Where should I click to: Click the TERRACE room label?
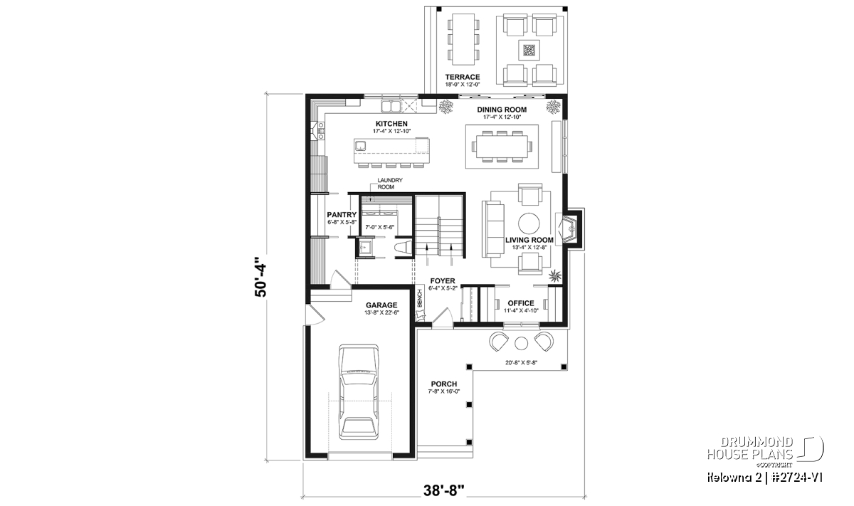pyautogui.click(x=463, y=77)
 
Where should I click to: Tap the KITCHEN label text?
pyautogui.click(x=391, y=124)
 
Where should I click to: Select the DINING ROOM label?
pyautogui.click(x=502, y=110)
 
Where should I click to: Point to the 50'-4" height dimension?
pyautogui.click(x=260, y=277)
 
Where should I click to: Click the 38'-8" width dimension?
pyautogui.click(x=444, y=491)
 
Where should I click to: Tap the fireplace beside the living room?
pyautogui.click(x=570, y=228)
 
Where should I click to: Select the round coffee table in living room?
pyautogui.click(x=529, y=223)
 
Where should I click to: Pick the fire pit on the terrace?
pyautogui.click(x=529, y=50)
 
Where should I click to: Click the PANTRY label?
pyautogui.click(x=342, y=215)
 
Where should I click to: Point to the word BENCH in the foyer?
pyautogui.click(x=420, y=299)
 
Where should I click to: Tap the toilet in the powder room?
pyautogui.click(x=404, y=248)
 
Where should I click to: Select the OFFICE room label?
pyautogui.click(x=521, y=303)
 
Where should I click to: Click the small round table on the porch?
pyautogui.click(x=521, y=343)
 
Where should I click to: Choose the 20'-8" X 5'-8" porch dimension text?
pyautogui.click(x=521, y=363)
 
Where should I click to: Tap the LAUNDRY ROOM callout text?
pyautogui.click(x=390, y=184)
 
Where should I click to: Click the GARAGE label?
pyautogui.click(x=381, y=305)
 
